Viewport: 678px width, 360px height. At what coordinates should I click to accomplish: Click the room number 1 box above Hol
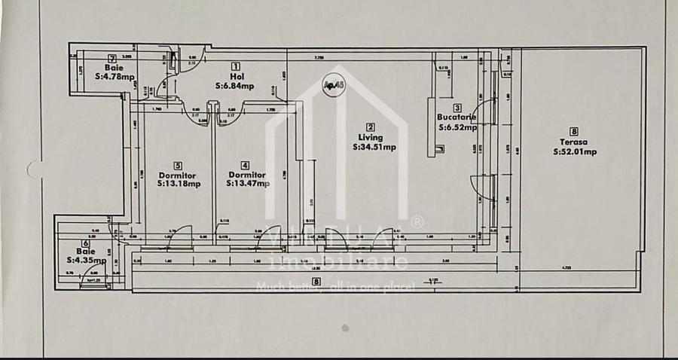[x=235, y=66]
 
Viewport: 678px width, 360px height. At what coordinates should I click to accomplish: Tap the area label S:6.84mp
[x=234, y=86]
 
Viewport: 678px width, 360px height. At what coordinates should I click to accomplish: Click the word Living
[x=370, y=138]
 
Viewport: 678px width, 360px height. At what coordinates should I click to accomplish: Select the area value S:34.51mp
[x=374, y=148]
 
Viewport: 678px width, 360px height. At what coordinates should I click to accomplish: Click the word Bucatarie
[x=457, y=117]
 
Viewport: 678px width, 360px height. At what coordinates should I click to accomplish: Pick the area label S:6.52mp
[x=458, y=127]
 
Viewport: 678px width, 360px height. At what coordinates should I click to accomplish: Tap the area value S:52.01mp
[x=574, y=151]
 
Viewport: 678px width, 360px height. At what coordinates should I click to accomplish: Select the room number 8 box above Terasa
[x=574, y=131]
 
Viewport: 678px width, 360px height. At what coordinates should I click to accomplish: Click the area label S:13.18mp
[x=179, y=183]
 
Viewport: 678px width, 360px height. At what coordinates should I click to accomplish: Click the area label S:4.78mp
[x=115, y=76]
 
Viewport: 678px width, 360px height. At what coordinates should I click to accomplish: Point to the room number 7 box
[x=111, y=58]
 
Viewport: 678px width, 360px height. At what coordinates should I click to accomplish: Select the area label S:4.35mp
[x=85, y=261]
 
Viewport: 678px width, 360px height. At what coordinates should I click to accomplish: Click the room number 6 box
[x=86, y=243]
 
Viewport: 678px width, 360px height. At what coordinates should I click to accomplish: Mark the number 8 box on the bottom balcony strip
[x=316, y=282]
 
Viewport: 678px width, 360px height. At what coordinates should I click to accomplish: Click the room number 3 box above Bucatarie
[x=456, y=108]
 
